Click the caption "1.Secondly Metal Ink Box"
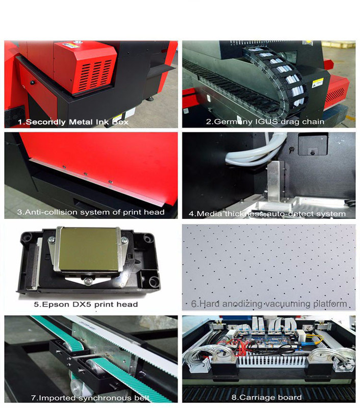tap(73, 122)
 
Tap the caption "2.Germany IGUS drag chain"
tap(265, 121)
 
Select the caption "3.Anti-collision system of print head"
tap(91, 212)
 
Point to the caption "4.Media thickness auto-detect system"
tap(267, 214)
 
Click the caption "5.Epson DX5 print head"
tap(86, 304)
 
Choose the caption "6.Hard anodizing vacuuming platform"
tap(269, 303)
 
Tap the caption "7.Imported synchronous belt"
tap(90, 398)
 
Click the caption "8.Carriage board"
tap(267, 397)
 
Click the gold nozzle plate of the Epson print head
tap(89, 249)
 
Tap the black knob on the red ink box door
tap(33, 83)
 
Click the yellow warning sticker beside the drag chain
tap(318, 83)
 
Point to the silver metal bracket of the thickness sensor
tap(276, 182)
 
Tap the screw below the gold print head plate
tap(89, 280)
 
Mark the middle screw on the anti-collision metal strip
tap(86, 173)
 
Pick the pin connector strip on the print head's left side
tap(35, 266)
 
